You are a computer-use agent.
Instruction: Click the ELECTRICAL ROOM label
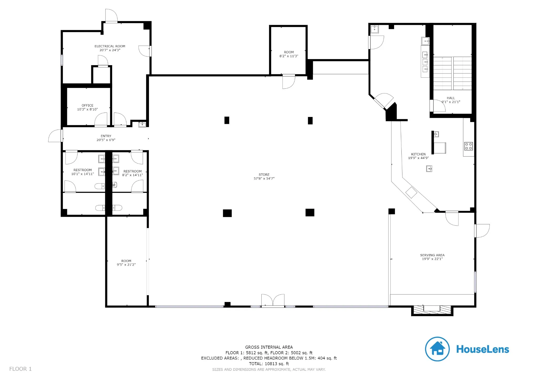tap(110, 46)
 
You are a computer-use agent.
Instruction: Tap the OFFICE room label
tap(87, 105)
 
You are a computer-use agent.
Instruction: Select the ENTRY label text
tap(106, 136)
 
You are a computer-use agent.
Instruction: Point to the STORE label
tap(264, 175)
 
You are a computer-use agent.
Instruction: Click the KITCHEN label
tap(418, 154)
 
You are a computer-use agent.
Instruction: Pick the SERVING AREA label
tap(432, 255)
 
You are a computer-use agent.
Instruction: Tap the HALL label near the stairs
tap(451, 98)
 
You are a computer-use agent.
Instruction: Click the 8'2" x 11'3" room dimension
tap(289, 56)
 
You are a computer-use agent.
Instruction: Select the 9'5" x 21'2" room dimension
tap(126, 265)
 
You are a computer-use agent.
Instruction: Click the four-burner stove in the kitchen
tap(469, 146)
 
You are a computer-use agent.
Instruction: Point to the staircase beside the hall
tap(452, 73)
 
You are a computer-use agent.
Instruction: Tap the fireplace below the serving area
tap(432, 310)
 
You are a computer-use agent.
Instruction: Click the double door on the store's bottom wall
tap(273, 300)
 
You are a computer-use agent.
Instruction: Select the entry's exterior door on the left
tap(55, 136)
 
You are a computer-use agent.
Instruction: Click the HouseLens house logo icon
tap(437, 349)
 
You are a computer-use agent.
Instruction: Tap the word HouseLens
tap(483, 349)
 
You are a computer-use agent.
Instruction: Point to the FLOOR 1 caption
tap(20, 369)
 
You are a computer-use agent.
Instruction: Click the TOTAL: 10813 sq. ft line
tap(269, 364)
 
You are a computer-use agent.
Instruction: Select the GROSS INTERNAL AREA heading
tap(269, 347)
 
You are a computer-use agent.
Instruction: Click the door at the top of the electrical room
tap(111, 16)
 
